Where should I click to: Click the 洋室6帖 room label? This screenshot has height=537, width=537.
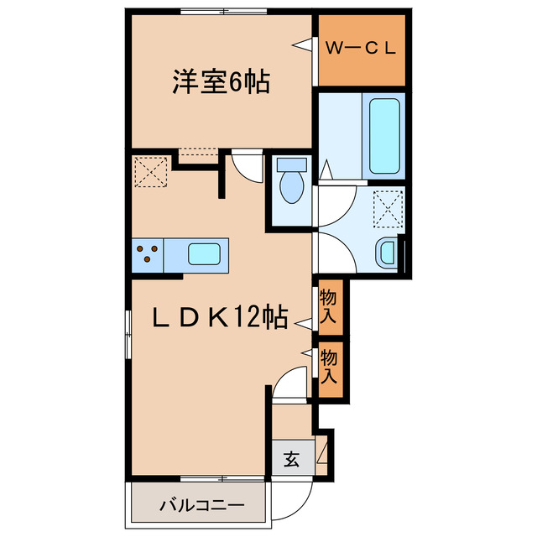(221, 83)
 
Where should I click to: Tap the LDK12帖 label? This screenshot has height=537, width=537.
(220, 318)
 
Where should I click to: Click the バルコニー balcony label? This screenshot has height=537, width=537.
(201, 506)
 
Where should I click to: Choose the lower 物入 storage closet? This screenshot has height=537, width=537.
(329, 367)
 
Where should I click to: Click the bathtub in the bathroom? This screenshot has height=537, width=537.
(383, 134)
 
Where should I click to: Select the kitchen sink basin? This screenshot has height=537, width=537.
(204, 253)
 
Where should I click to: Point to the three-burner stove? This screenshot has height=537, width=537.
(148, 253)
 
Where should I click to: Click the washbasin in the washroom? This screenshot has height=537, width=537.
(387, 252)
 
